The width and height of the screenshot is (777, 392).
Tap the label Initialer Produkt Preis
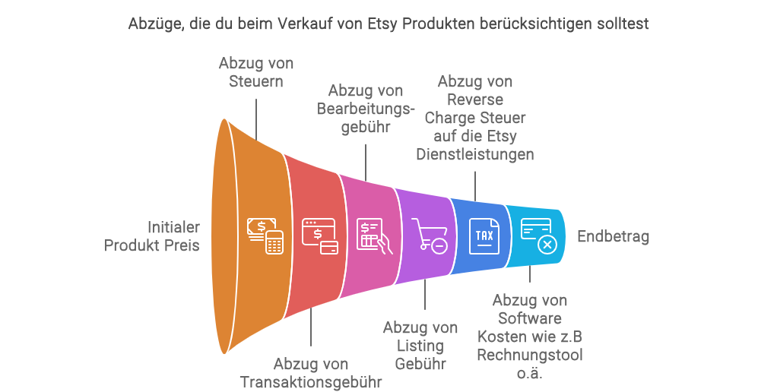(x=152, y=236)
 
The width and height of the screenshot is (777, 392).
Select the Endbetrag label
(x=613, y=237)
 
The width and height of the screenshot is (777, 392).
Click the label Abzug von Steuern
(x=256, y=71)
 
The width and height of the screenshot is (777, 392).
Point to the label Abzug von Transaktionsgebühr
(x=310, y=372)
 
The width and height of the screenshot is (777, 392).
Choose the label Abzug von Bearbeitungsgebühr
(x=366, y=109)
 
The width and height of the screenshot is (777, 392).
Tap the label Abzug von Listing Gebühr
(x=420, y=345)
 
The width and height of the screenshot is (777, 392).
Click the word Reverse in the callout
(x=475, y=100)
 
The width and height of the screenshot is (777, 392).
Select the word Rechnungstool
(x=529, y=355)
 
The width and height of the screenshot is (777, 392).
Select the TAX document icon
(x=484, y=236)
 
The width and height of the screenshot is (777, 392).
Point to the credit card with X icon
(x=539, y=236)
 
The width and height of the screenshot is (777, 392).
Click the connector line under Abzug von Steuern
(x=256, y=115)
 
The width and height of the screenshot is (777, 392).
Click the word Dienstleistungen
(x=475, y=154)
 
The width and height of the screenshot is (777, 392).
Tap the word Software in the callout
(x=529, y=318)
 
